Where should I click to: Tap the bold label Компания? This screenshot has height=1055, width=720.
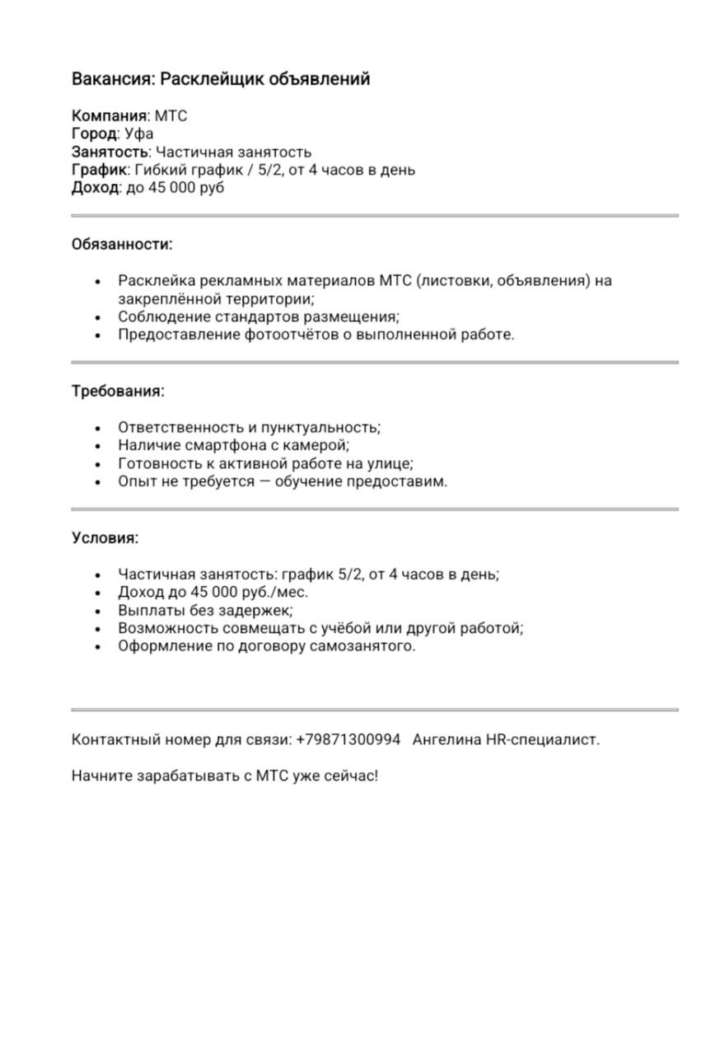[x=110, y=115]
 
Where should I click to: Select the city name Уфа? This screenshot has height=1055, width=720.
[x=139, y=134]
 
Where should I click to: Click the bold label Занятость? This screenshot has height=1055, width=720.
[x=110, y=152]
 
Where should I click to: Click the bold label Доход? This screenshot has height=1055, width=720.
[x=95, y=188]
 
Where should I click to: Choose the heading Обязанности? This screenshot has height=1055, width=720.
[x=122, y=245]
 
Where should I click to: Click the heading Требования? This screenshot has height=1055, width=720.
[x=118, y=392]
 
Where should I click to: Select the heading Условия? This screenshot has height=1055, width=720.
[x=105, y=538]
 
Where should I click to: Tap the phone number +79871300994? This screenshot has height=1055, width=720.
[x=348, y=739]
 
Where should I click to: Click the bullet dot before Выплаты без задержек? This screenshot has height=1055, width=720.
[x=99, y=612]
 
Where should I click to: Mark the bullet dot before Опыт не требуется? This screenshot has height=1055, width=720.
[x=99, y=482]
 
